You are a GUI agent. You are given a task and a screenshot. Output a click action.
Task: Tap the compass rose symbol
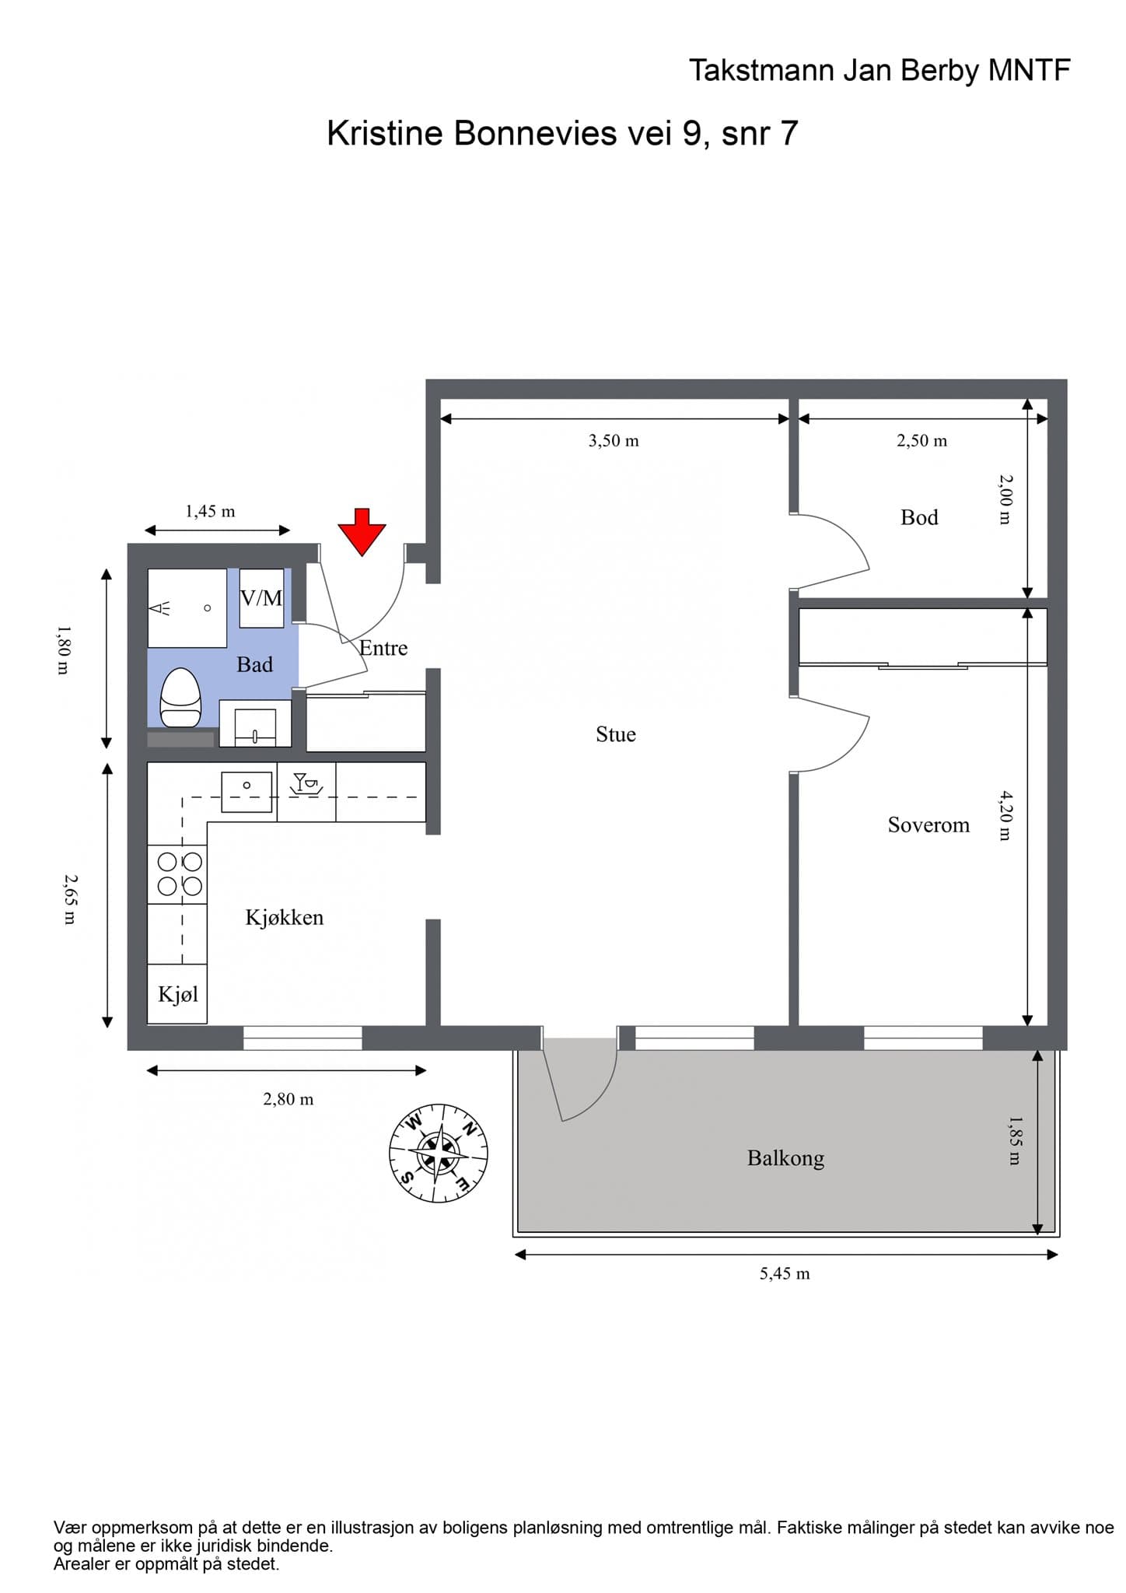click(439, 1153)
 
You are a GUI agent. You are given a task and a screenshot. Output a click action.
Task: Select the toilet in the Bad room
click(180, 698)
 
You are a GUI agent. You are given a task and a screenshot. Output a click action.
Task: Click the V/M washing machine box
click(261, 598)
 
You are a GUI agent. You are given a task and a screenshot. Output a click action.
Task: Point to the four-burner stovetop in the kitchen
click(180, 874)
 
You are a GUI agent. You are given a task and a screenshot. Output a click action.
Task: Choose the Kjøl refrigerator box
click(177, 994)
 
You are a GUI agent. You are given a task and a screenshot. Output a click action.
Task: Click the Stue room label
click(616, 734)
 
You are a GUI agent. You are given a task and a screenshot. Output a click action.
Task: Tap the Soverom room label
click(928, 825)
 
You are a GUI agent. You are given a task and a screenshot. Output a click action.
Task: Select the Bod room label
click(919, 517)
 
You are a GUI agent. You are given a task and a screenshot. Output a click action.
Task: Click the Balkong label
click(785, 1158)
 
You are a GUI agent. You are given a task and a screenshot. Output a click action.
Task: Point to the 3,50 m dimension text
click(614, 441)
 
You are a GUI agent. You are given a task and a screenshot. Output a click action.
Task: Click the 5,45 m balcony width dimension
click(785, 1274)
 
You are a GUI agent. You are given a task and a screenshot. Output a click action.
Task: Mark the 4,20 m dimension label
click(1005, 815)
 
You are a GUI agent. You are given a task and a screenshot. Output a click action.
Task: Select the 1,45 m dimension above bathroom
click(210, 512)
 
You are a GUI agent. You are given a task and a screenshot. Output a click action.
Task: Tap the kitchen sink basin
click(247, 792)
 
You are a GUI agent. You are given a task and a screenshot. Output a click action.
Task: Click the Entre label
click(383, 648)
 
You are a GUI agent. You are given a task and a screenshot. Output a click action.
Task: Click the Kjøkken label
click(285, 918)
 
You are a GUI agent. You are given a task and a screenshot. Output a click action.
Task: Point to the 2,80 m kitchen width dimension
click(288, 1099)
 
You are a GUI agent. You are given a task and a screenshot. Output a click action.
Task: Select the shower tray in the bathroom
click(187, 608)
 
